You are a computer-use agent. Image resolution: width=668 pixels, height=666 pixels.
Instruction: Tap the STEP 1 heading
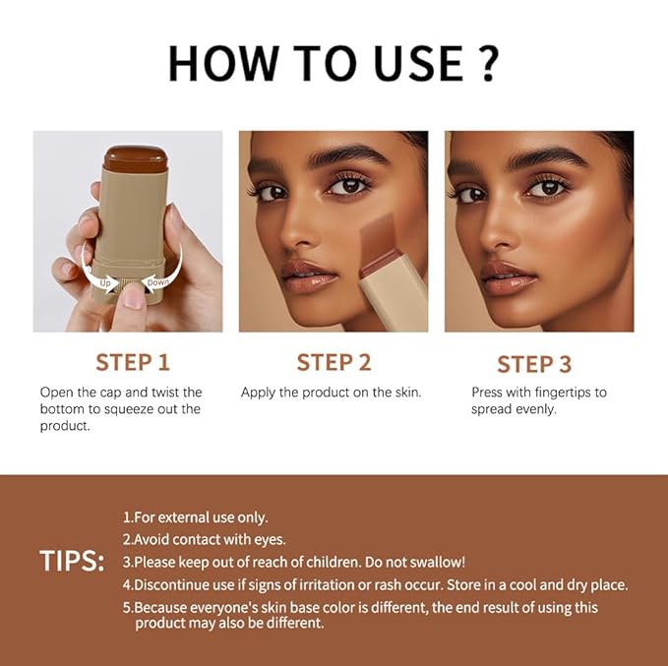click(139, 362)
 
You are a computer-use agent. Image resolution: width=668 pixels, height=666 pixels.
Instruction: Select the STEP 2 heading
click(334, 362)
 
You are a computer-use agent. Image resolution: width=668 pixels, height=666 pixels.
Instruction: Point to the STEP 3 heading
click(533, 364)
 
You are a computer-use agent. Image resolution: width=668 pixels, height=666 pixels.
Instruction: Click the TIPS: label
click(72, 561)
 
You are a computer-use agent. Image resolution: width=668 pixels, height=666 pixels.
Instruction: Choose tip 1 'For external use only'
click(195, 517)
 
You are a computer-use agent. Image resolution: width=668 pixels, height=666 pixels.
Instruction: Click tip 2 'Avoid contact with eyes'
click(204, 539)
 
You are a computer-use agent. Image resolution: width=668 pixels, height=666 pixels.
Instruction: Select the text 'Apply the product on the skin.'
click(331, 393)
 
